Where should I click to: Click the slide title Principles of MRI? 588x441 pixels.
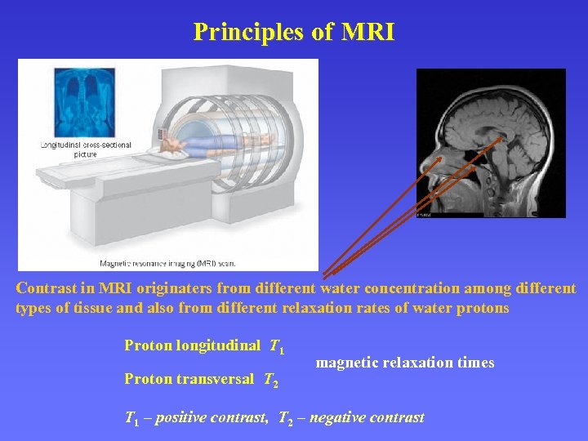pos(294,32)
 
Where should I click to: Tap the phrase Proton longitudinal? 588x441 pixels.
pos(193,345)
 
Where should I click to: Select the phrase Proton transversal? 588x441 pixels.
pos(189,379)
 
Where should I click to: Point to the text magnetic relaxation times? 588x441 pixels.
pos(404,363)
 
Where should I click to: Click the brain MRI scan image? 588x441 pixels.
pos(490,143)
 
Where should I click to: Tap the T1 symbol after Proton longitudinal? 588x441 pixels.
pos(277,346)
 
